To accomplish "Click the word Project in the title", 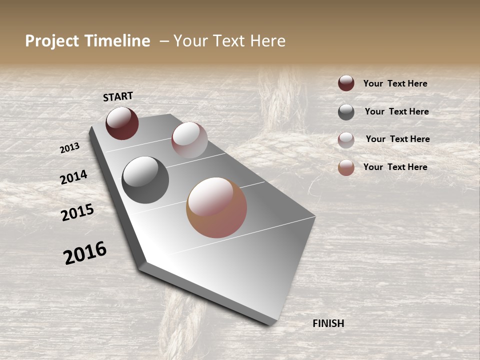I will [x=51, y=41].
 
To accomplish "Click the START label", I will [x=118, y=96].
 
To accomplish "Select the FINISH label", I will [x=328, y=323].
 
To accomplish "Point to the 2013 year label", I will [x=69, y=148].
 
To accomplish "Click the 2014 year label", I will [x=73, y=177].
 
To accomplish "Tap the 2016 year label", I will [x=85, y=252].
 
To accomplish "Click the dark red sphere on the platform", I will [x=122, y=123].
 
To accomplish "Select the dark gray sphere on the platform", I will [x=145, y=180].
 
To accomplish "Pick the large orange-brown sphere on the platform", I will [x=216, y=207].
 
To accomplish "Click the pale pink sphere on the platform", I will [x=189, y=140].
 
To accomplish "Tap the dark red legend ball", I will [x=346, y=83].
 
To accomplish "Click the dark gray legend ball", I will [x=346, y=112].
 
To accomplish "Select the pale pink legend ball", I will [x=346, y=140].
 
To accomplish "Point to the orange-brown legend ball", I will [x=346, y=167].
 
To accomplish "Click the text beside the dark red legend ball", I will [x=395, y=83].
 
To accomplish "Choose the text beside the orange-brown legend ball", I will [x=395, y=167].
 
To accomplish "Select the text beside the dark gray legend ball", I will [x=397, y=111].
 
